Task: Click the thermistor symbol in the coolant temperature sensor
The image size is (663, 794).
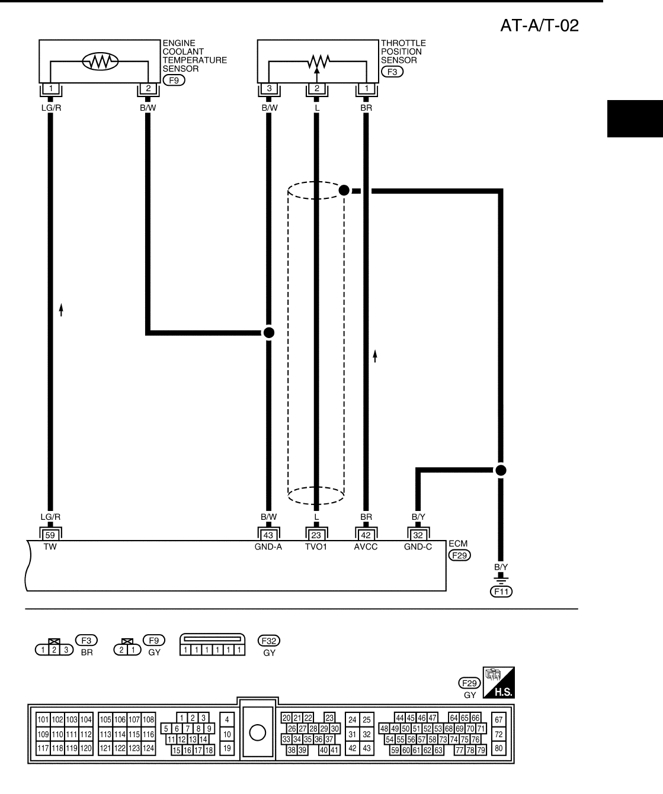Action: [x=100, y=60]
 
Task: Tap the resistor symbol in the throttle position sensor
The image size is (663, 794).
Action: [x=316, y=60]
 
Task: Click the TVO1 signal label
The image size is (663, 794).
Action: [x=316, y=547]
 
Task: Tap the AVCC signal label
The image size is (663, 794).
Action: [x=366, y=547]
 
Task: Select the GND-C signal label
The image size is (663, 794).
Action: [x=418, y=547]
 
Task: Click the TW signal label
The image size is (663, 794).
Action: [x=50, y=547]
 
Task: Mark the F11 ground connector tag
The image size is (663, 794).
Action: [x=501, y=591]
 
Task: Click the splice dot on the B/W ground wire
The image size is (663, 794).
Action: [x=268, y=333]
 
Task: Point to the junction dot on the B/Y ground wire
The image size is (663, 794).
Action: [x=501, y=471]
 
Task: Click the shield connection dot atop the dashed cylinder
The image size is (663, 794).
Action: [x=344, y=191]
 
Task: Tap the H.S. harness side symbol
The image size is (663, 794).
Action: [x=499, y=683]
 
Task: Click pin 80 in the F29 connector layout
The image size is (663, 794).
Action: [x=499, y=748]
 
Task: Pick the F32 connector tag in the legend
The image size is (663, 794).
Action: [x=269, y=640]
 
